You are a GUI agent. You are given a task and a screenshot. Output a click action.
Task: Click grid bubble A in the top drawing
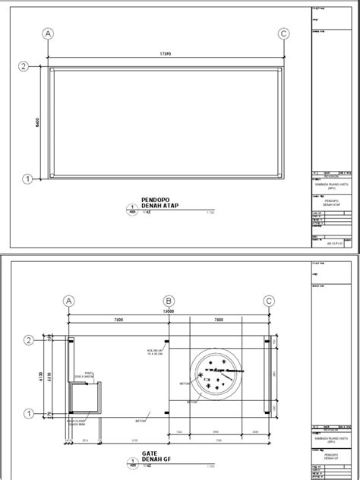tap(49, 34)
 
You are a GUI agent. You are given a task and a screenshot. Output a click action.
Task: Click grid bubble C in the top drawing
tap(283, 34)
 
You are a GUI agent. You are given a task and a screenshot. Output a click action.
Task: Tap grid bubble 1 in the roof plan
tap(27, 180)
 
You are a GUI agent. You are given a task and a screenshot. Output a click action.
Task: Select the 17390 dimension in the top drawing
tap(166, 55)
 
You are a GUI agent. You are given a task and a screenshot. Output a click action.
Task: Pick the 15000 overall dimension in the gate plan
tap(167, 311)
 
